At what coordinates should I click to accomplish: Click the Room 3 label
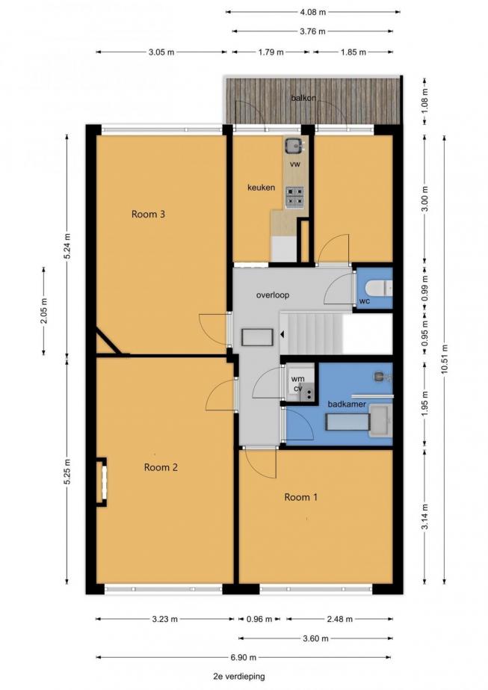coord(148,215)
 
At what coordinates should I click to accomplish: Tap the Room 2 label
coord(161,467)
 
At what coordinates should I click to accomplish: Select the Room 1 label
coord(300,497)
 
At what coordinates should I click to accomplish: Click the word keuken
coord(261,188)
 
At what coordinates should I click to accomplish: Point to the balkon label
coord(303,98)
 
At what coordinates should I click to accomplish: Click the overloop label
coord(273,295)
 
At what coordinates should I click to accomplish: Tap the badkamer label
coord(347,404)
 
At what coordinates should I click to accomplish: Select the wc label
coord(365,301)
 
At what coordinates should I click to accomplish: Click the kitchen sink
coord(294,145)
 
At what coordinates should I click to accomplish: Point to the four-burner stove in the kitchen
coord(294,197)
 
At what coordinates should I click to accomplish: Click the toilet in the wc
coord(378,289)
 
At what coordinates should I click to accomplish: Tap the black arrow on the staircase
coord(282,335)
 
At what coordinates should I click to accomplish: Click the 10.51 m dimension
coord(444,359)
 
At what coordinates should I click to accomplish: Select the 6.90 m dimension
coord(244,657)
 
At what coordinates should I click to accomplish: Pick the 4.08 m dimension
coord(313,12)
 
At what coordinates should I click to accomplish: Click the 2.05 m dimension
coord(44,311)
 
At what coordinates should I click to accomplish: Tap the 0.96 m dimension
coord(259,619)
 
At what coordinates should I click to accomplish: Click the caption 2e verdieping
coord(239,677)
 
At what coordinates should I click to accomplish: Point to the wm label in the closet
coord(297,379)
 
